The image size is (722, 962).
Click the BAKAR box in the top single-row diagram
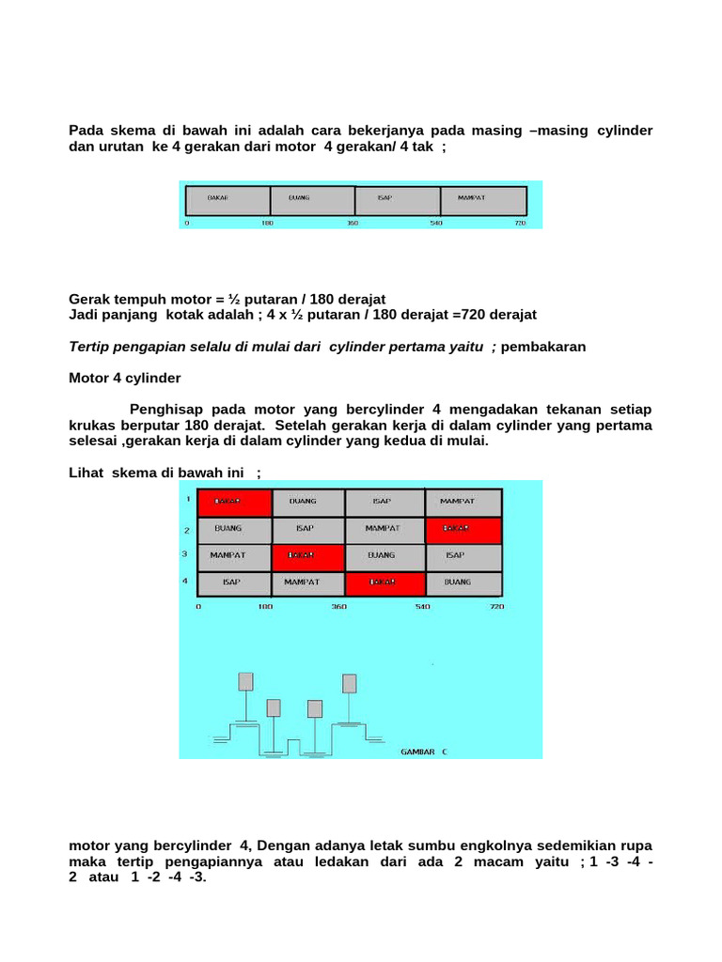228,199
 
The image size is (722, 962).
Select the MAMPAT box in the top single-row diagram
482,199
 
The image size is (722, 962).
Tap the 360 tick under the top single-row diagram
353,223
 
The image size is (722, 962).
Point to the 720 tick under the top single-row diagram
521,223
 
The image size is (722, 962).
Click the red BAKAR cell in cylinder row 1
234,502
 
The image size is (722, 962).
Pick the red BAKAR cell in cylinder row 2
463,529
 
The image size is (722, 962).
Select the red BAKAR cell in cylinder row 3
308,555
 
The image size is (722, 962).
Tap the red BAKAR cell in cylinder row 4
385,582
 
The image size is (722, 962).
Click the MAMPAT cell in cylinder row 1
463,502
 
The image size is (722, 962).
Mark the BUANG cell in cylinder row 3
385,555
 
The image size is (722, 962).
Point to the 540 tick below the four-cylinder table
422,607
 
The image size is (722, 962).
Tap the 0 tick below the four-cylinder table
198,607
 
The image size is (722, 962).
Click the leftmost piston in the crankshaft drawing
245,681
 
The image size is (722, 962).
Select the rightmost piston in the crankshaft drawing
350,683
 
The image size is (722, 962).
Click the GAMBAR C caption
424,753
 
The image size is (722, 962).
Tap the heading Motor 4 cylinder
125,378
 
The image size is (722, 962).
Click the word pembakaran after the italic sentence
543,347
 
